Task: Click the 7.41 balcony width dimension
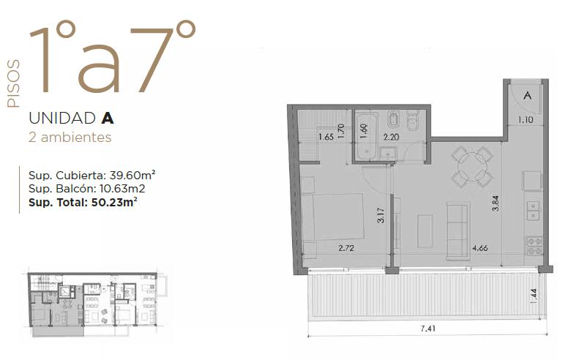pos(428,329)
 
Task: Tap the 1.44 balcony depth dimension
pos(534,296)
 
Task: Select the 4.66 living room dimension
pos(480,248)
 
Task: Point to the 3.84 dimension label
pos(496,203)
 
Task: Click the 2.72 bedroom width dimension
pos(346,248)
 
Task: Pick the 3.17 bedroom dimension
pos(381,216)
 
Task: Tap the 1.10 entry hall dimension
pos(526,120)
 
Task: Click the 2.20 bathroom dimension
pos(391,137)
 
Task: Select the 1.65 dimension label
pos(326,137)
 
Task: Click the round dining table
pos(472,166)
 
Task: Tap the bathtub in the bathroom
pos(365,136)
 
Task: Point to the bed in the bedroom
pos(333,217)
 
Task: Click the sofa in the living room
pos(458,230)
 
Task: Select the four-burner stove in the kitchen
pos(534,246)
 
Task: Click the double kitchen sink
pos(533,211)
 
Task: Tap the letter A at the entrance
pos(528,95)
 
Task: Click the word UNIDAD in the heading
pos(62,119)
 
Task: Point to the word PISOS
pos(13,83)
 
